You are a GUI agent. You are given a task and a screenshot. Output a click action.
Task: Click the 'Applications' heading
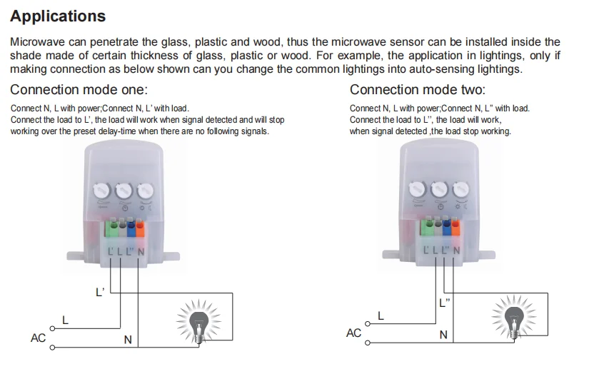58,16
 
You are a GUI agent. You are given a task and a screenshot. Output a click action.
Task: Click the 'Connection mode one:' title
79,89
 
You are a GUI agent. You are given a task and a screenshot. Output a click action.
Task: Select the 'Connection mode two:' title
417,89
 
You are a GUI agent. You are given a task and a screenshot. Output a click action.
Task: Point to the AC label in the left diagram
39,338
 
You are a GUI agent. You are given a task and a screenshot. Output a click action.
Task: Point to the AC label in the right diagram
353,333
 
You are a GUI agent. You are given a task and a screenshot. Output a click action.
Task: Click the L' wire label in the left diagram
99,292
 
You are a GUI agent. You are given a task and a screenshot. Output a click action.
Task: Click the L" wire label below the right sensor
445,302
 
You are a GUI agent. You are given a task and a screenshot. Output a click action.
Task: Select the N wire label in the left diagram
128,340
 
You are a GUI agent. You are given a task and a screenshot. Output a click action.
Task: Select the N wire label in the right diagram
443,335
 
